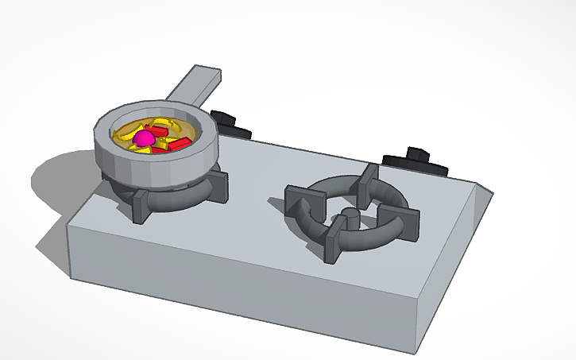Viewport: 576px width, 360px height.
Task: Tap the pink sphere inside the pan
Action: [144, 139]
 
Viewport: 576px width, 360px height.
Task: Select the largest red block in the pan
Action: [177, 144]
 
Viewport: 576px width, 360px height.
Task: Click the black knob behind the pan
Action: [230, 126]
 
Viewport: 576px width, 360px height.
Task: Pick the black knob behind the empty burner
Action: [416, 161]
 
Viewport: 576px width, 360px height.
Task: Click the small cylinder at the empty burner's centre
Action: [349, 216]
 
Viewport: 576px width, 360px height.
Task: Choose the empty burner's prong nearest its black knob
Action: [368, 180]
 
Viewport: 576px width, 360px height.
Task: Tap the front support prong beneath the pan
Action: [143, 204]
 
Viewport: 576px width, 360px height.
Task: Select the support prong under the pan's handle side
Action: [218, 183]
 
